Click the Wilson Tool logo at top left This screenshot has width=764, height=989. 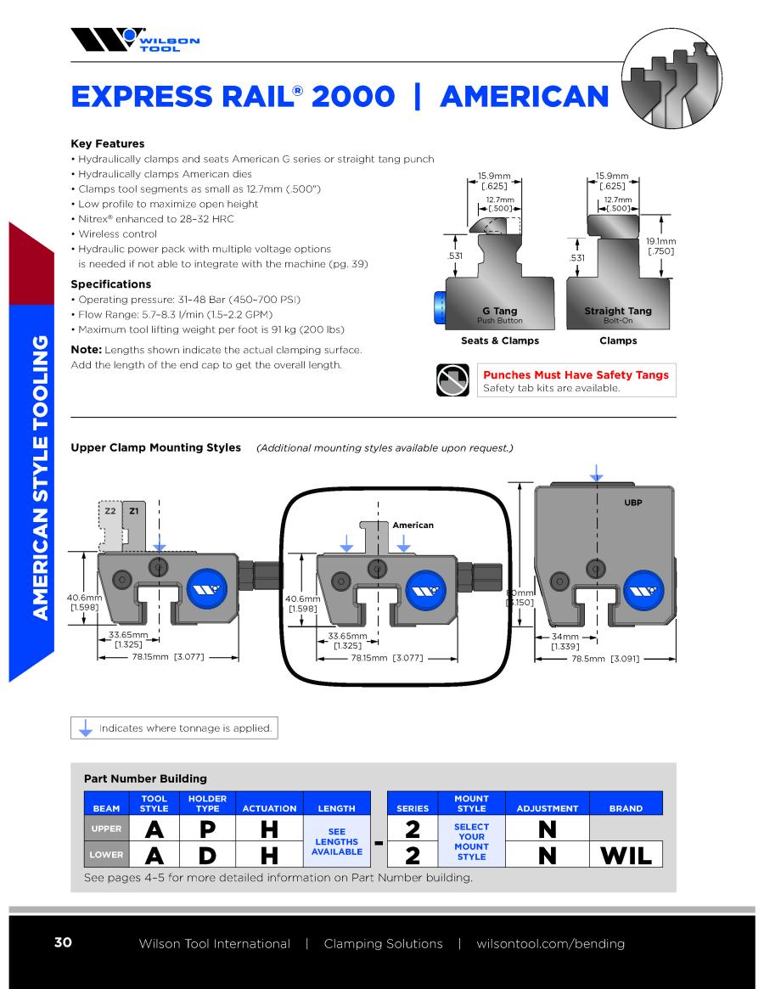pos(135,39)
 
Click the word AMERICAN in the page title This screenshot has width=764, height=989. pos(525,97)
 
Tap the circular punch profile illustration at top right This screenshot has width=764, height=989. pos(671,78)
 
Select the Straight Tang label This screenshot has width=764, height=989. pos(618,311)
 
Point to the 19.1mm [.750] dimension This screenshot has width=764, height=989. pos(660,246)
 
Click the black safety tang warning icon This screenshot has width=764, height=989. pos(452,379)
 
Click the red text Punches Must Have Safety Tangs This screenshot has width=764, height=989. pos(576,374)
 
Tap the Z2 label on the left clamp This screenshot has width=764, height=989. pos(110,511)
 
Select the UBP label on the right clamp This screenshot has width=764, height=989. pos(632,503)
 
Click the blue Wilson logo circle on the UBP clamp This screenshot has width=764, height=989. pos(643,591)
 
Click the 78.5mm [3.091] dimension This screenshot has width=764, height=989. pos(605,659)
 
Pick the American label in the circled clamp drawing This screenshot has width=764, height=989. pos(413,525)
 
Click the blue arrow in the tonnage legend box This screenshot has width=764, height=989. pos(85,728)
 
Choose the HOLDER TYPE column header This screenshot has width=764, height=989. pos(208,803)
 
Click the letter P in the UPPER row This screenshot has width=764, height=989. pos(208,829)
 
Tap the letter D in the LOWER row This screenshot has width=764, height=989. pos(208,855)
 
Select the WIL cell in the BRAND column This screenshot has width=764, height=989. pos(626,855)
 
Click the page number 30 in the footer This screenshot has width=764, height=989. pos(63,942)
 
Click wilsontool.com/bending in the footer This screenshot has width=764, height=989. pos(550,944)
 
